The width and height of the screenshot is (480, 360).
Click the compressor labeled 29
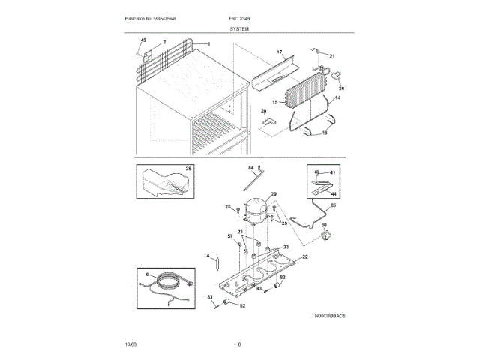point(258,207)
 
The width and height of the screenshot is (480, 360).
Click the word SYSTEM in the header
point(240,28)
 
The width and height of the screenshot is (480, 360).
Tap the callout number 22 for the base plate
point(304,256)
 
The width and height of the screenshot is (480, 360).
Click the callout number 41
point(334,173)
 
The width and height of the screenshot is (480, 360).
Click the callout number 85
point(333,205)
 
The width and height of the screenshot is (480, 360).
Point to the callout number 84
point(251,169)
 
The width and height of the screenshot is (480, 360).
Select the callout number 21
point(333,56)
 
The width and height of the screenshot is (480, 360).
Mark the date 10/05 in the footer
point(130,344)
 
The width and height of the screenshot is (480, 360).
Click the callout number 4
point(207,256)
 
